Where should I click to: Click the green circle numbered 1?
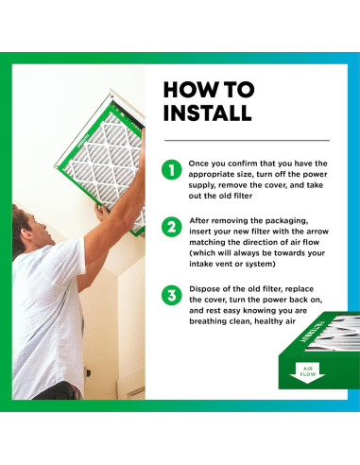pos(172,170)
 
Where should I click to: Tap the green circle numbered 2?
pos(172,227)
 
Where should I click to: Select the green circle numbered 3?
pos(172,296)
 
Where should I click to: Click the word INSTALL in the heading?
pos(208,112)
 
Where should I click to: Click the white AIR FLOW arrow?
pos(307,372)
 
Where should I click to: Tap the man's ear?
pos(27,234)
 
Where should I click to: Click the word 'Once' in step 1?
pos(198,164)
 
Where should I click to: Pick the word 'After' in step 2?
pos(198,220)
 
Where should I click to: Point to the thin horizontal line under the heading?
pos(247,140)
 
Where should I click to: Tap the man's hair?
pos(19,220)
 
